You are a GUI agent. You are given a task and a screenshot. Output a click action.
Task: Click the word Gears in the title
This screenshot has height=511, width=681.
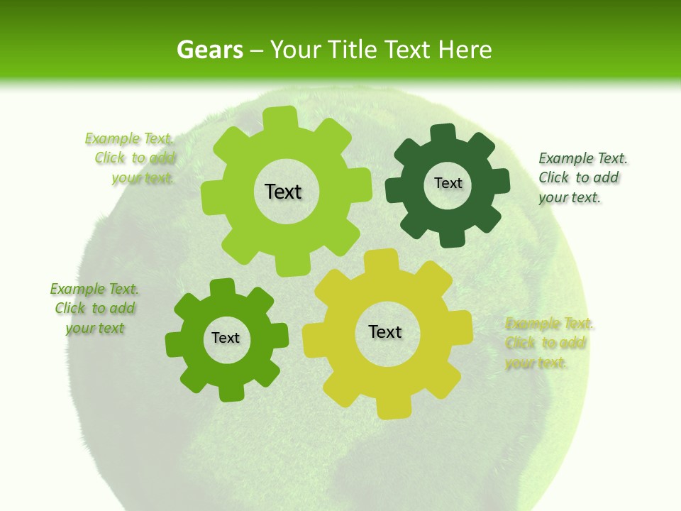click(x=209, y=50)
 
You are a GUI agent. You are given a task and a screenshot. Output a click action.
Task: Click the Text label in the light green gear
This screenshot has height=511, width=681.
click(x=283, y=192)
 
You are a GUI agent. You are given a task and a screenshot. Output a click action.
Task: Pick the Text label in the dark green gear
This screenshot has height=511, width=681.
click(x=448, y=183)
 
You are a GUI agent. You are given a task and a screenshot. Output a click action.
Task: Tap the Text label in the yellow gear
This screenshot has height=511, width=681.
click(x=385, y=331)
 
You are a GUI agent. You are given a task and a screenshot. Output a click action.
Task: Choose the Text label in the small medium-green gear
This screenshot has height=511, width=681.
click(x=226, y=339)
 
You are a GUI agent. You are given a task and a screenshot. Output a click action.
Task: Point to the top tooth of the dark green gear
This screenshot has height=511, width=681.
click(x=443, y=133)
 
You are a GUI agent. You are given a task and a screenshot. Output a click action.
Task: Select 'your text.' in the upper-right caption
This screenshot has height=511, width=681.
click(x=569, y=198)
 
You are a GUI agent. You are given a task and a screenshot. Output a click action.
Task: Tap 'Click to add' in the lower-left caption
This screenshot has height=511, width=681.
click(x=94, y=309)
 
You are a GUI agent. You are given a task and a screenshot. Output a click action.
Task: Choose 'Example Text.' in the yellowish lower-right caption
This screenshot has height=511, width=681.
click(x=549, y=324)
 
